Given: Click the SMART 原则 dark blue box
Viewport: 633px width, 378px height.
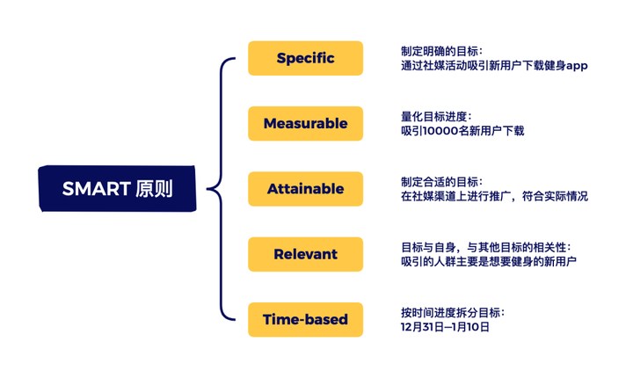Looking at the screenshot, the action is tap(117, 189).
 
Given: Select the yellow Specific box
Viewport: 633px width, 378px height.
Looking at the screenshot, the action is tap(306, 58).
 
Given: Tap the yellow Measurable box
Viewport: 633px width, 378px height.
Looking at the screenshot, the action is tap(306, 124).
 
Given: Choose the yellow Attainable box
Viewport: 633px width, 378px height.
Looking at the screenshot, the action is tap(306, 189).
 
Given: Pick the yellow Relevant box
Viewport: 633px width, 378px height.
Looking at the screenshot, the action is tap(306, 254).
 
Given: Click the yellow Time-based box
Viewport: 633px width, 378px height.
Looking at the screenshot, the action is tap(306, 320).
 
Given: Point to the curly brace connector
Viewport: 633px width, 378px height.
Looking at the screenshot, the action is tap(221, 189).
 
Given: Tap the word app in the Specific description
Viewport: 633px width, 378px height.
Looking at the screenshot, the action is tap(577, 66).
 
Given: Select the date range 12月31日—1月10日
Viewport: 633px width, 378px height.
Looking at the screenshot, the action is tap(445, 327).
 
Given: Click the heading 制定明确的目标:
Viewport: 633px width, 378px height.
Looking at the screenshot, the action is tap(441, 51).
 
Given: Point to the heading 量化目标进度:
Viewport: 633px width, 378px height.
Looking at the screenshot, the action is tap(436, 117).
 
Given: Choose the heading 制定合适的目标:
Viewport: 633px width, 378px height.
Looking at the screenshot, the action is tap(441, 182).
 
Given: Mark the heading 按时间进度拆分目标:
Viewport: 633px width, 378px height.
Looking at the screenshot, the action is tap(453, 313).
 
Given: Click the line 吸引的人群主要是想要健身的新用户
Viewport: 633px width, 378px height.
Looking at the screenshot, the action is tap(489, 262).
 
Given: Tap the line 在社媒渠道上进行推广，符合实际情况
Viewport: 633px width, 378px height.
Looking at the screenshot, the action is tap(494, 196).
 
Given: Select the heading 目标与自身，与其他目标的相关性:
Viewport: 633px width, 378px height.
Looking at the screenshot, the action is tap(486, 247).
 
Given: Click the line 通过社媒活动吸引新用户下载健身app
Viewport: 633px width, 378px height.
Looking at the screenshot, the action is tap(494, 66).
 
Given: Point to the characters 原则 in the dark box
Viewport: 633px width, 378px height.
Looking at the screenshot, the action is tap(154, 189).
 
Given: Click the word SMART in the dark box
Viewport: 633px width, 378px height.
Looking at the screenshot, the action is tap(97, 189).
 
